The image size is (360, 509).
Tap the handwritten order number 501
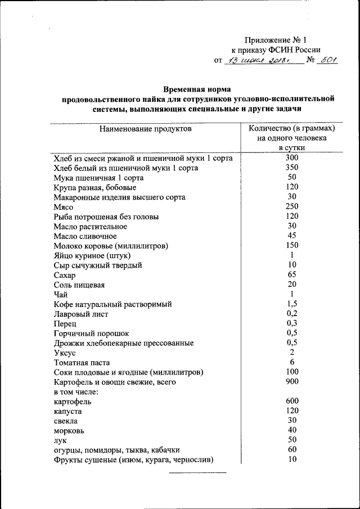(x=326, y=60)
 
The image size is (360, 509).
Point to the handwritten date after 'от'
(x=256, y=60)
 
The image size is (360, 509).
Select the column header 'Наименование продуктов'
(x=146, y=129)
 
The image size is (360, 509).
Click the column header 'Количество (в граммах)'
(x=291, y=128)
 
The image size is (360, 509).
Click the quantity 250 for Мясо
(x=291, y=206)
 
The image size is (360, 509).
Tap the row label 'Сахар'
(x=65, y=275)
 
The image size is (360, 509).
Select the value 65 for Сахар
(x=291, y=274)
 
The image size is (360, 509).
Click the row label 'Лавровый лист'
(x=81, y=314)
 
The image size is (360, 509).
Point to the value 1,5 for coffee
(x=291, y=304)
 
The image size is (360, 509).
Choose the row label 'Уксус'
(x=65, y=353)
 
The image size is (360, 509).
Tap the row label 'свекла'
(x=66, y=421)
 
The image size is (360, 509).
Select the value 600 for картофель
(x=291, y=401)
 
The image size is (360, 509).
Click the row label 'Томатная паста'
(x=82, y=363)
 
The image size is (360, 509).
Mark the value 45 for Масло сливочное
(x=291, y=236)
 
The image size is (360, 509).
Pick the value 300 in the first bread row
(x=291, y=158)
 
